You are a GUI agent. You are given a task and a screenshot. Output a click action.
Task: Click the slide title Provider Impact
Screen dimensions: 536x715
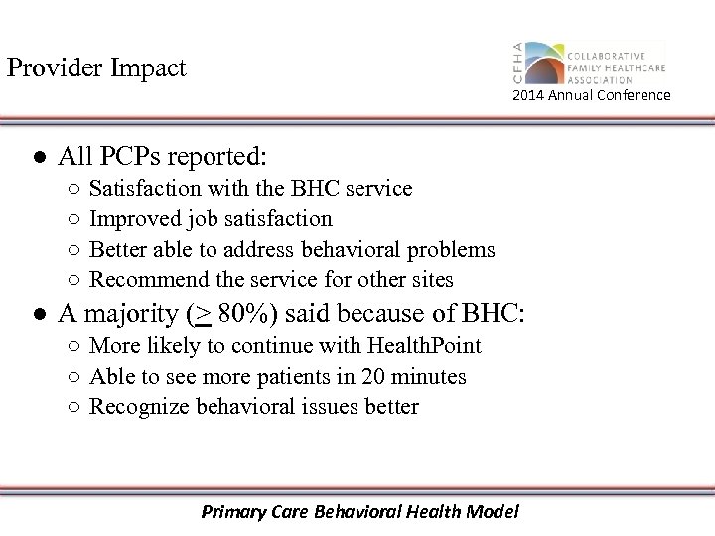pyautogui.click(x=96, y=68)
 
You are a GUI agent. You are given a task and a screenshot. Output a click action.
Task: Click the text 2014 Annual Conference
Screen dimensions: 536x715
pyautogui.click(x=591, y=95)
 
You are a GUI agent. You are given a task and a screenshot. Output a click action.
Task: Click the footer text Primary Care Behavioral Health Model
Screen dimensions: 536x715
pyautogui.click(x=359, y=512)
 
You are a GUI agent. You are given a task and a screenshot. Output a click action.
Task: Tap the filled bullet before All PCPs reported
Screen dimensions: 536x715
pyautogui.click(x=37, y=157)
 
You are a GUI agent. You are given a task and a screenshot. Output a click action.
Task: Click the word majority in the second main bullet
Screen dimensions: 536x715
pyautogui.click(x=131, y=315)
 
